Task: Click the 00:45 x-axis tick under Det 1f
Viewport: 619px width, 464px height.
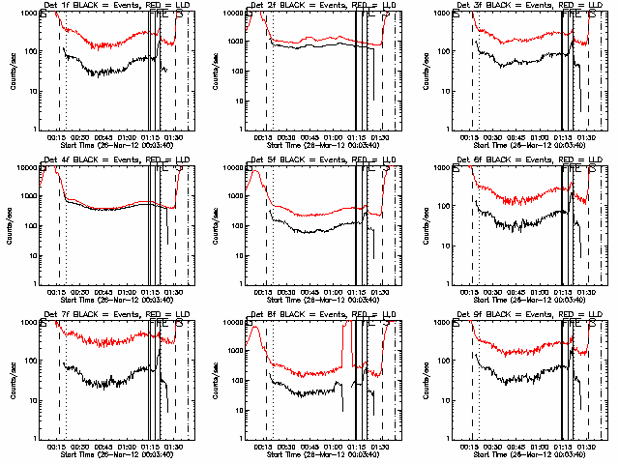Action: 103,137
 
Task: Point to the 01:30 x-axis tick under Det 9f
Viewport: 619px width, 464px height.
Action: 585,447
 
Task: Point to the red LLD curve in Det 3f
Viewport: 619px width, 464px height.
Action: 522,40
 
